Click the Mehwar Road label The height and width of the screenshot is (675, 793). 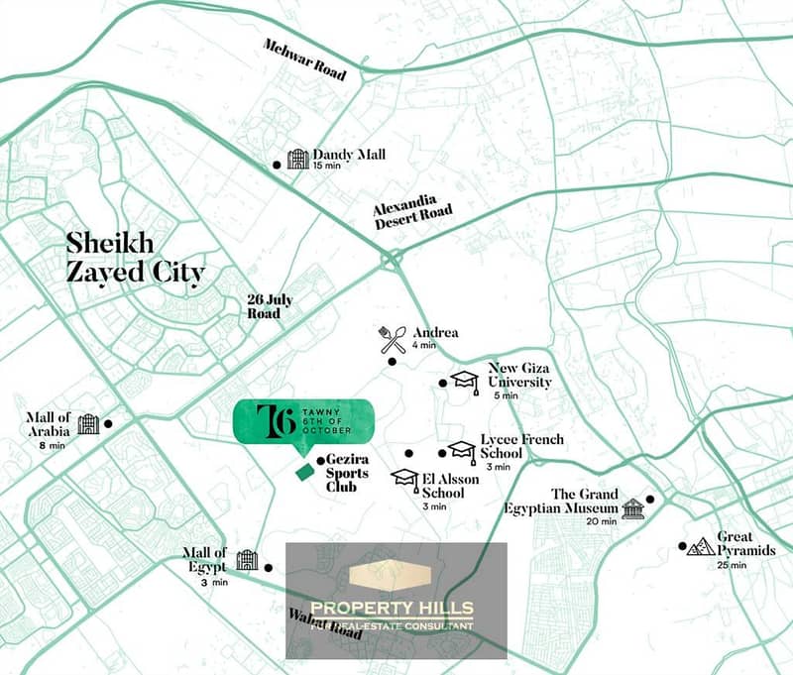(303, 59)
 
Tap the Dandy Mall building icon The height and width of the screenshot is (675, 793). (297, 159)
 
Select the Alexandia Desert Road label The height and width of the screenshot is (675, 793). (412, 215)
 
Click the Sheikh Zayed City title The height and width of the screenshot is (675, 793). (135, 256)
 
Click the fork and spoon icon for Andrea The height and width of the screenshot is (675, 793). (393, 340)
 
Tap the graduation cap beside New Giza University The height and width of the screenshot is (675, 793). (465, 380)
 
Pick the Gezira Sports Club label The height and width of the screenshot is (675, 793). (348, 473)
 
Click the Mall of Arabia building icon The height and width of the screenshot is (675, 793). (88, 424)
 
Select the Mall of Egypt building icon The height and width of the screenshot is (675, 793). (247, 561)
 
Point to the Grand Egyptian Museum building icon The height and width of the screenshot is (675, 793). (632, 508)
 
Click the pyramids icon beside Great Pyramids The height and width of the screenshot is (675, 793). (702, 546)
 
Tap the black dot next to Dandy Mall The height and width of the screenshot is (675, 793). (277, 166)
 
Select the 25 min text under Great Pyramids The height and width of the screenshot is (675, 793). (731, 565)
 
